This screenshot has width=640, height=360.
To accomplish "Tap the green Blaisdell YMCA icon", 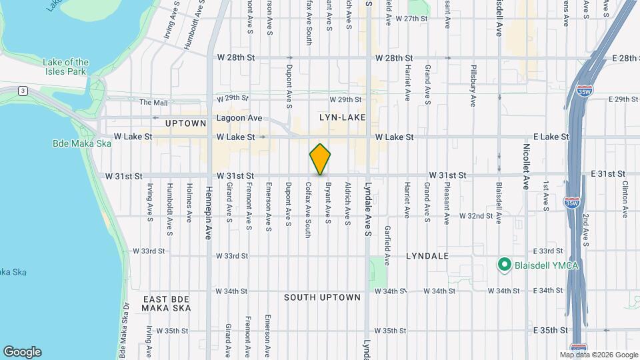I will click(x=505, y=265).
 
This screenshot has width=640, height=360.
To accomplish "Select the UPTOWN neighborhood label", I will click(x=186, y=123).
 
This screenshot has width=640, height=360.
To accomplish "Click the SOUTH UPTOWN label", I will click(x=322, y=297).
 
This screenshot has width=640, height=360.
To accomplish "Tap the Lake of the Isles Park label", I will click(x=65, y=67).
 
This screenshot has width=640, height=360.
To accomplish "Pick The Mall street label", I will click(x=154, y=102).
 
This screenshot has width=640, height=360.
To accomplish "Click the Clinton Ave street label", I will click(x=625, y=199).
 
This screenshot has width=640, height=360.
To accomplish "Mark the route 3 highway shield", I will click(x=23, y=90).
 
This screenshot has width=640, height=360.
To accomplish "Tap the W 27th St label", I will click(x=411, y=19).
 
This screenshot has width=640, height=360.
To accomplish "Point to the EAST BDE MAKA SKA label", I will click(x=167, y=303).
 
